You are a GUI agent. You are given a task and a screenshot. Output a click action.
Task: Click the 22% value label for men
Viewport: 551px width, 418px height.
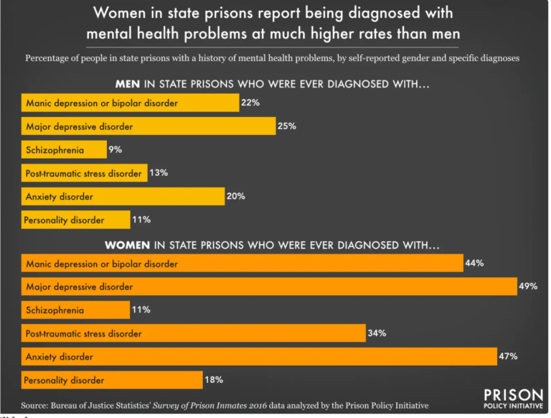click(250, 103)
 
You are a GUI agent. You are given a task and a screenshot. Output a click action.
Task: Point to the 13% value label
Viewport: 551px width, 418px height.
click(159, 173)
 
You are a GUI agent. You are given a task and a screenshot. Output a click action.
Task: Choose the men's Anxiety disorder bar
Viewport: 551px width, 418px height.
click(123, 196)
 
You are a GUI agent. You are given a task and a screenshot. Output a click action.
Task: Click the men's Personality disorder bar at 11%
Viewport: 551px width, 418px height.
click(75, 220)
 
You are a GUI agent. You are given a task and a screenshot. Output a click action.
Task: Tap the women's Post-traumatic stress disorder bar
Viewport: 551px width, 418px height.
click(194, 333)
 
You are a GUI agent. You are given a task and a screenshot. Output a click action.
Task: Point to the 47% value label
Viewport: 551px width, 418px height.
click(508, 356)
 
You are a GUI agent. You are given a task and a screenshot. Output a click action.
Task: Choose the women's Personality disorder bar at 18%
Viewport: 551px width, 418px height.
click(112, 380)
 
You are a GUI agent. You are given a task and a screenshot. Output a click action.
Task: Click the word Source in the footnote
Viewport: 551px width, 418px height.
click(37, 404)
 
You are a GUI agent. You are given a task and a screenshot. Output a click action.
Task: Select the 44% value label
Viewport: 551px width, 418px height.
click(474, 264)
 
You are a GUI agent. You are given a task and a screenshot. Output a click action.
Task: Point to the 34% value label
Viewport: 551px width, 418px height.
click(377, 333)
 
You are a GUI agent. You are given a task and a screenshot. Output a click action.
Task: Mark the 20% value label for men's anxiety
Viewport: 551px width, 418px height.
click(236, 196)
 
